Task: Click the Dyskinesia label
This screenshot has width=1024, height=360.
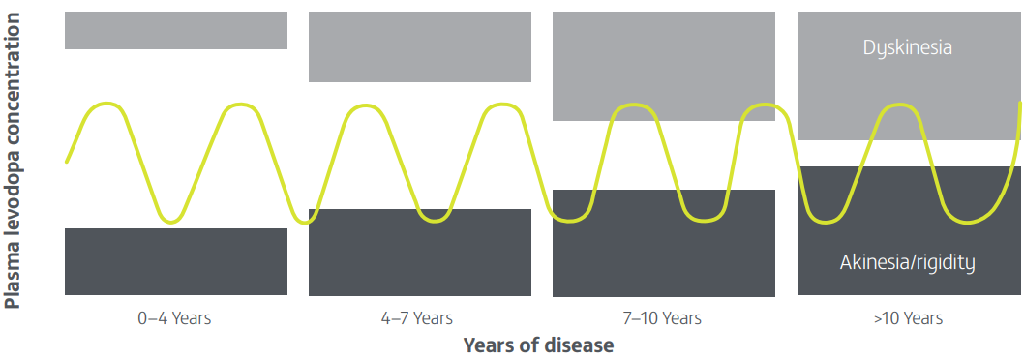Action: (907, 47)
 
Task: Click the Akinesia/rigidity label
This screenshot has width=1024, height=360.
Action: (907, 262)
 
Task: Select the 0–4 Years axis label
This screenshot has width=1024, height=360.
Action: (174, 318)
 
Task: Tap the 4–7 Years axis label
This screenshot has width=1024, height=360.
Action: (416, 318)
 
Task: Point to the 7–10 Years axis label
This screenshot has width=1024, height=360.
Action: (662, 318)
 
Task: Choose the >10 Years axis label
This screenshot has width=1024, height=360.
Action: (908, 318)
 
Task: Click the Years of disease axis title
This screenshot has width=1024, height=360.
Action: (539, 345)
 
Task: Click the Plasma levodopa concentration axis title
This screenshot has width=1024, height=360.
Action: (12, 160)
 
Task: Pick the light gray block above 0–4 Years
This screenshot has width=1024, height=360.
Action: (176, 30)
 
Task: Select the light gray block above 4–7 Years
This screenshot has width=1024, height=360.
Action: (420, 46)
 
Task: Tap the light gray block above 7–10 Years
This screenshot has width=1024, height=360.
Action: (664, 66)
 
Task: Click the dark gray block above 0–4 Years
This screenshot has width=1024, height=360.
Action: (176, 261)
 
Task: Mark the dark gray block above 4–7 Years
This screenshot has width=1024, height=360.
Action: (420, 253)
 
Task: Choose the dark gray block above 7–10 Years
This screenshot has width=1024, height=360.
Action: (664, 243)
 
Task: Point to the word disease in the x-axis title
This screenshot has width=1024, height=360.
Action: (577, 345)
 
